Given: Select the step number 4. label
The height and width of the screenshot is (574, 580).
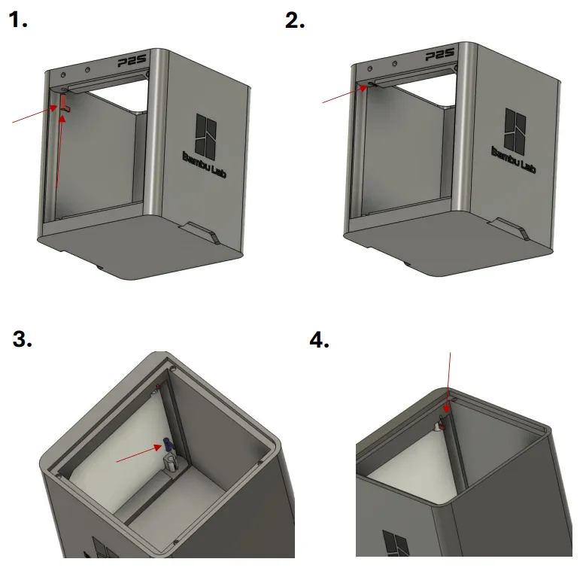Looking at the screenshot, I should (320, 340).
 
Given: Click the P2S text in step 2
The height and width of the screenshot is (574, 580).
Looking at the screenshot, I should (441, 56).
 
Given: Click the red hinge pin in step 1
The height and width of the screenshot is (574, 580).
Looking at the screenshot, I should (64, 102).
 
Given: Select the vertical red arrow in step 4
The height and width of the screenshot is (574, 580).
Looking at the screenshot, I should (448, 384).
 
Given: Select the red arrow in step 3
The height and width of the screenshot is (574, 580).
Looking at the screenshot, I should (138, 454).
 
